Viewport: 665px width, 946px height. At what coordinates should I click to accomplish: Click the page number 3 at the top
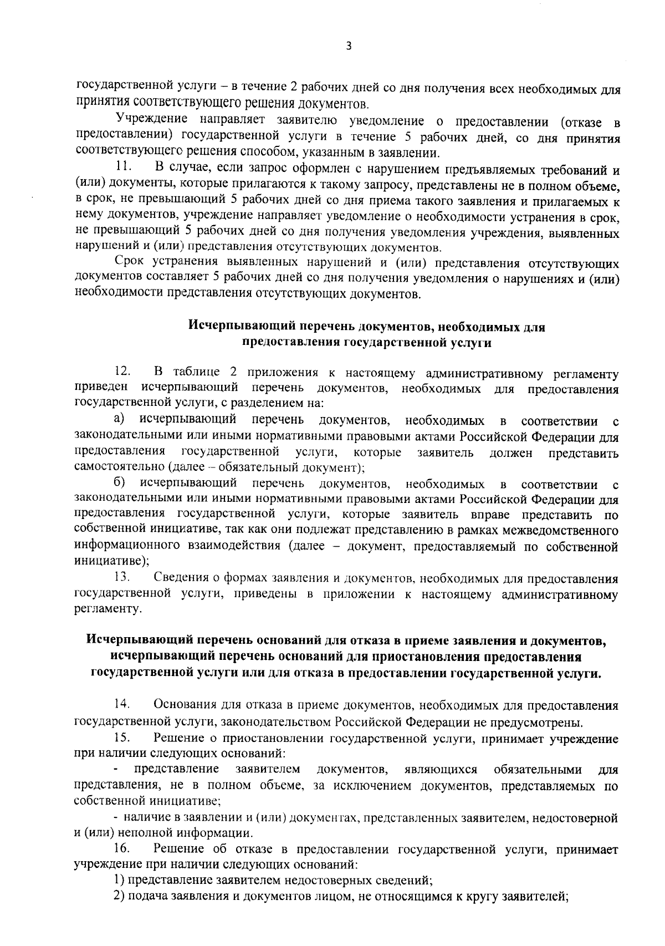[349, 47]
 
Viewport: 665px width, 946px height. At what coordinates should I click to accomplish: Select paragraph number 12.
[122, 371]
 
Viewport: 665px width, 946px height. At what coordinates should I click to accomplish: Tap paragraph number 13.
[122, 578]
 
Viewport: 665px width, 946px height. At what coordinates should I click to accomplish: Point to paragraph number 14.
[122, 705]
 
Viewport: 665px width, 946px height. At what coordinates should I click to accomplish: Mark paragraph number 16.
[122, 848]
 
